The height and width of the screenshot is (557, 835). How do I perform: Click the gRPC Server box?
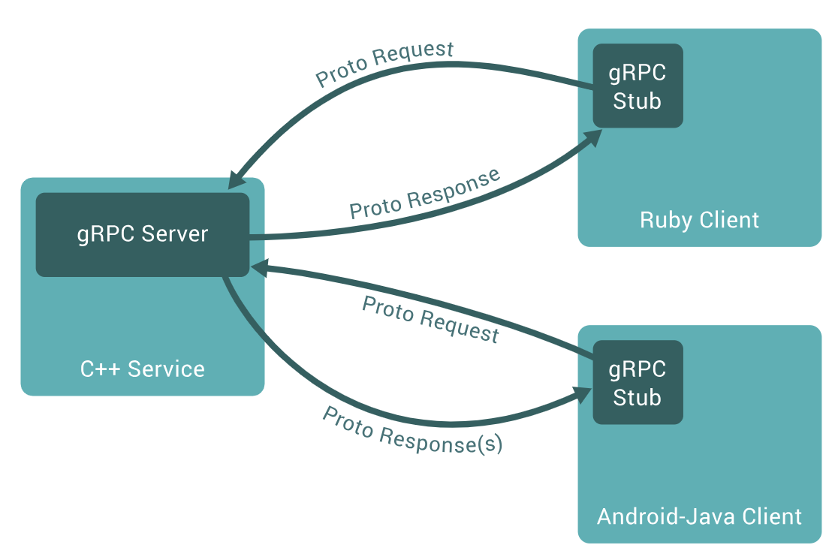(x=143, y=234)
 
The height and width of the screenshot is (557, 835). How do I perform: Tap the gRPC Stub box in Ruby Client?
(x=638, y=86)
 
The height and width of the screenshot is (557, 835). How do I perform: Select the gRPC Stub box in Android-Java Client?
(x=638, y=382)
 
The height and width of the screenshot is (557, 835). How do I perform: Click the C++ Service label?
(x=143, y=369)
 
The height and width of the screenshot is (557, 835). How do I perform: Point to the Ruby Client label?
(x=699, y=220)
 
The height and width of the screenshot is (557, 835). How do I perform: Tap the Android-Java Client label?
(x=699, y=516)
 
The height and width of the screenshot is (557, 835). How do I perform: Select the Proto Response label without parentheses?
(x=425, y=194)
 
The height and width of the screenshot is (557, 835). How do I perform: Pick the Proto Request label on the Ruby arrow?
(x=384, y=64)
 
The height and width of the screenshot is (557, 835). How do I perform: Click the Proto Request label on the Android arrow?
(x=430, y=319)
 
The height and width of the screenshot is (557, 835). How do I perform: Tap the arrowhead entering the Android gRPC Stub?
(x=583, y=395)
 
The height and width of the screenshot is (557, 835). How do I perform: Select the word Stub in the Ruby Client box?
(x=638, y=101)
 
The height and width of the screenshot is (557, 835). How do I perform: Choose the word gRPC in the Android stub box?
(x=638, y=369)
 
